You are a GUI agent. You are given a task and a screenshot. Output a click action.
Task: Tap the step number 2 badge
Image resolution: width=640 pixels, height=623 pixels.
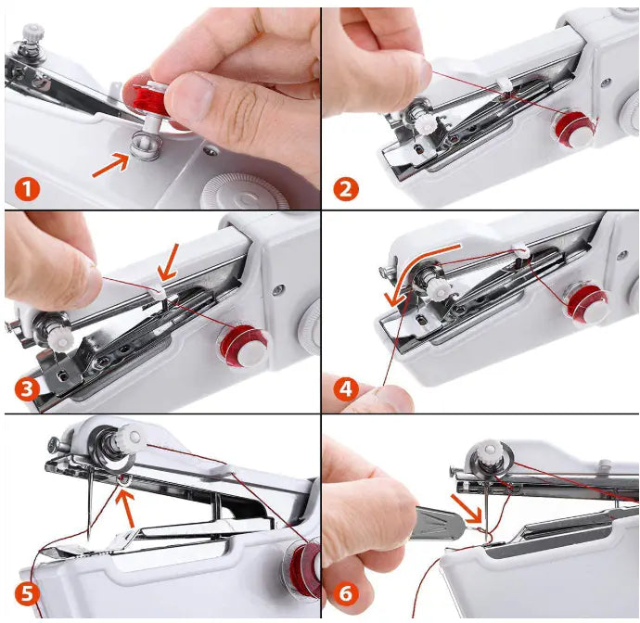pyautogui.click(x=345, y=190)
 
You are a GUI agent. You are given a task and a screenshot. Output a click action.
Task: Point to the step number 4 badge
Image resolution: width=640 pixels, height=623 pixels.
pyautogui.click(x=345, y=390)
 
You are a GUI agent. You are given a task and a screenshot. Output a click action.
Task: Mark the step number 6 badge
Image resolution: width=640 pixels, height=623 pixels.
pyautogui.click(x=345, y=593)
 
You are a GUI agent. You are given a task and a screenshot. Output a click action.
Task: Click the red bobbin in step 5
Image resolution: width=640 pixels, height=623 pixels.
pyautogui.click(x=302, y=566)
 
